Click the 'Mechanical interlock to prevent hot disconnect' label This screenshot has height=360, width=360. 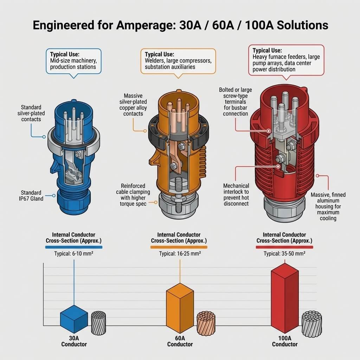pyautogui.click(x=236, y=194)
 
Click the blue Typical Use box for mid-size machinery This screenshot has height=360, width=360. pyautogui.click(x=73, y=61)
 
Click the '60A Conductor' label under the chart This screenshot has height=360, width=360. pyautogui.click(x=180, y=341)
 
